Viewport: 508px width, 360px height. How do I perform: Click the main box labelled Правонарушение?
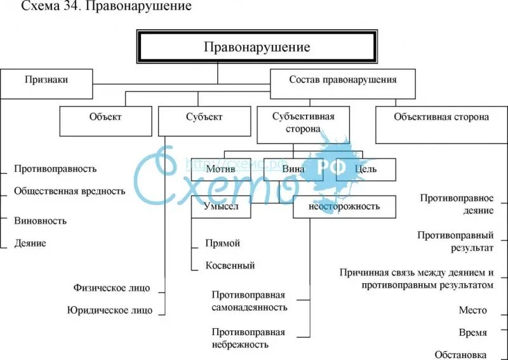[257, 48]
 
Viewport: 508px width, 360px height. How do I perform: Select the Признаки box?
[46, 81]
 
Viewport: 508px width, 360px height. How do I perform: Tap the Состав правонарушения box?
[343, 81]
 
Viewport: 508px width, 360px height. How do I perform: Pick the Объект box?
[105, 117]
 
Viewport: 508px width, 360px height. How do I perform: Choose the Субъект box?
[204, 117]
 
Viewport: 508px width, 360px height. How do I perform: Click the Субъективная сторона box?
[303, 123]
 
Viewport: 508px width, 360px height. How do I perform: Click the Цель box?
[366, 169]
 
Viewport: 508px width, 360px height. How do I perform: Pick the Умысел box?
[221, 206]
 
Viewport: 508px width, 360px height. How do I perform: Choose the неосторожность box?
[344, 206]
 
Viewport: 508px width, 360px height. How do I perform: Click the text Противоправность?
[55, 169]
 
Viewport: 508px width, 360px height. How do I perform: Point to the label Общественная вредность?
[70, 191]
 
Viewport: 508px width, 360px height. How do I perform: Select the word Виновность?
[40, 221]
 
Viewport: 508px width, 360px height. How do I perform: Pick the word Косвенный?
[231, 265]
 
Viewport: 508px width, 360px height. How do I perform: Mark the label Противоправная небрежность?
[249, 338]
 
